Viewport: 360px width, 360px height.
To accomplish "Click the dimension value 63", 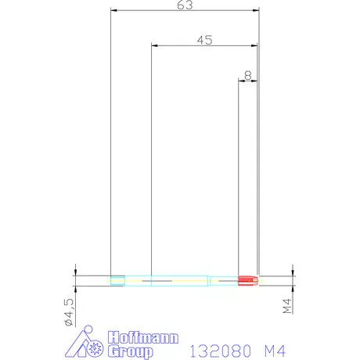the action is click(x=185, y=5).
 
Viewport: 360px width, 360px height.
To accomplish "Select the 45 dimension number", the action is click(x=205, y=40).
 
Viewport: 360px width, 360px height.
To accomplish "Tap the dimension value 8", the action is click(x=248, y=75).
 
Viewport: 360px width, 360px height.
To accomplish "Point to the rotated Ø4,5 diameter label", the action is click(x=69, y=312).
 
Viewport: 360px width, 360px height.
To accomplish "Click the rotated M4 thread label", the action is click(x=287, y=306).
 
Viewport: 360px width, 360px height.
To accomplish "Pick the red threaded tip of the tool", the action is click(x=248, y=280).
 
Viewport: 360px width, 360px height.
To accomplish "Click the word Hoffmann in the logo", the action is click(x=143, y=338).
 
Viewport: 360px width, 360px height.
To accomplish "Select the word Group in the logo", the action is click(x=131, y=351).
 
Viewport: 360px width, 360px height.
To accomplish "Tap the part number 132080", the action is click(x=221, y=351).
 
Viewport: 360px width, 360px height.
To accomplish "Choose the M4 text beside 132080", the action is click(x=275, y=351).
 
